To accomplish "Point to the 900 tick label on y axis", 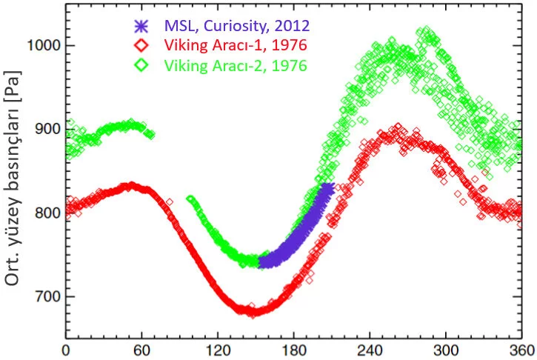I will [x=47, y=129].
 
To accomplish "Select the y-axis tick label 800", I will [x=47, y=213].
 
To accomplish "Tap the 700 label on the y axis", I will [x=47, y=297].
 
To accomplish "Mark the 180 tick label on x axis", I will [x=294, y=349].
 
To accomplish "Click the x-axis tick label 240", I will [x=370, y=349].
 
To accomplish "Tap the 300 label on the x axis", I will [x=446, y=349].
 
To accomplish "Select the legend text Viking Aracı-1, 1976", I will [x=236, y=46].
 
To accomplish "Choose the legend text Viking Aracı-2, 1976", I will [x=236, y=66].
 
